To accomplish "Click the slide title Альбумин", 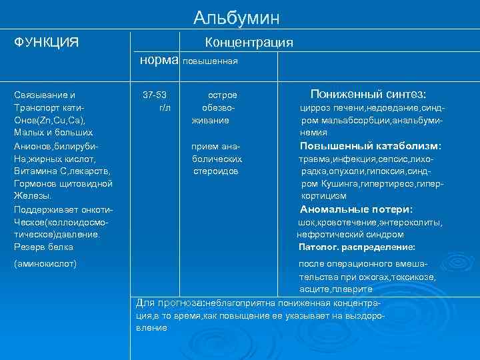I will [237, 18].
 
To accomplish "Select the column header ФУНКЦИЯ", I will [47, 43].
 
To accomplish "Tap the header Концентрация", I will [249, 43].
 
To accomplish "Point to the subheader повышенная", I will [210, 61].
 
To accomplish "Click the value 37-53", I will [155, 95].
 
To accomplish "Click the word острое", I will [222, 95].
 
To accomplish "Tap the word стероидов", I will [216, 171].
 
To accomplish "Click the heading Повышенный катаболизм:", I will [371, 146].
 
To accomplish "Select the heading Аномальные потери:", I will [356, 209].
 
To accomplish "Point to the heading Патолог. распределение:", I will [357, 247].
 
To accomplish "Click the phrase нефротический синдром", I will [350, 234].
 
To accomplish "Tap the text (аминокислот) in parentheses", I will [45, 263].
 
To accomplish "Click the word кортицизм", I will [324, 196].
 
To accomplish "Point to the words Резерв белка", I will [43, 247].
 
